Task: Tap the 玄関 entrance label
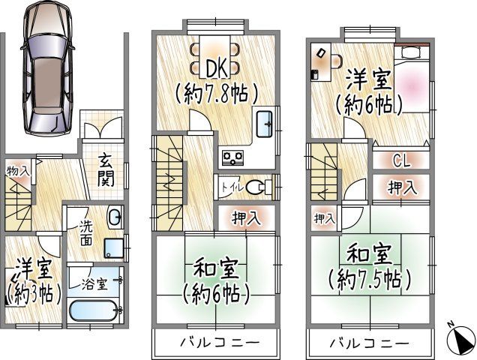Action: (x=104, y=171)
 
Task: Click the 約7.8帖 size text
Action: (x=217, y=94)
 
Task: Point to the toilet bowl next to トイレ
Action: (x=257, y=186)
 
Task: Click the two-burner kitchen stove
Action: (x=232, y=157)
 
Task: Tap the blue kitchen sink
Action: (x=265, y=124)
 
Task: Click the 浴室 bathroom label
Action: (x=95, y=284)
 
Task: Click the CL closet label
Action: (x=401, y=160)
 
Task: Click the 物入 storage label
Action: (x=18, y=170)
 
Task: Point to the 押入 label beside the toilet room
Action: (x=247, y=218)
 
